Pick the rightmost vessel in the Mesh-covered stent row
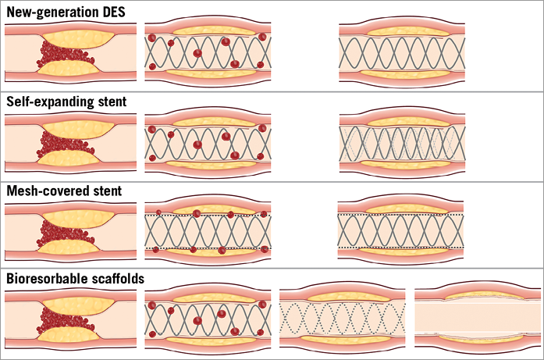click(x=404, y=230)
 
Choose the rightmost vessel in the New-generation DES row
click(x=404, y=52)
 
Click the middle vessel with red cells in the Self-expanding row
click(x=208, y=142)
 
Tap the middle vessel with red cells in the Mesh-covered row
click(x=208, y=230)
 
